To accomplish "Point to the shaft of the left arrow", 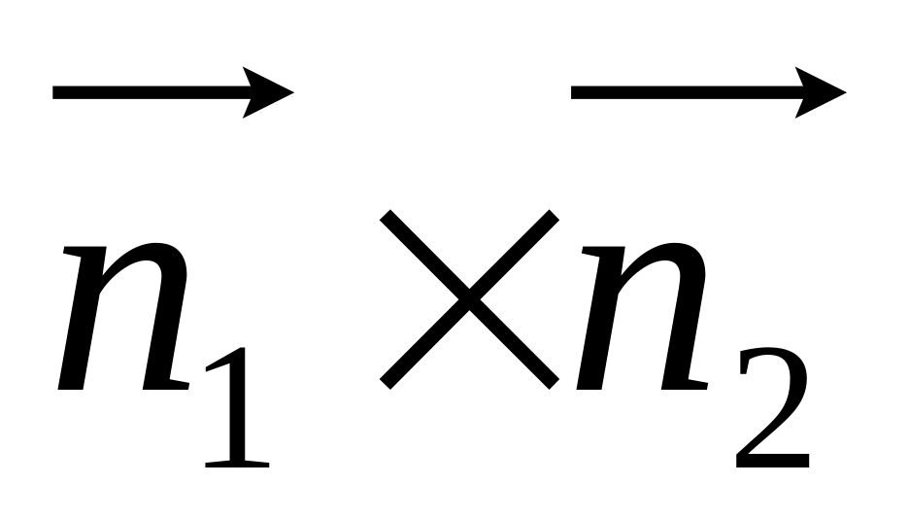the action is click(151, 92).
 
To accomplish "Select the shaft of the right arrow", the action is click(688, 92).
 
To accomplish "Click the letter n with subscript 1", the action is click(123, 316).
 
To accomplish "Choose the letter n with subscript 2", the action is click(642, 316).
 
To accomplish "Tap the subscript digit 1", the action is click(237, 407).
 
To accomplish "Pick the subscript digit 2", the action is click(772, 407).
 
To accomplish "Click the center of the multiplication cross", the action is click(469, 299).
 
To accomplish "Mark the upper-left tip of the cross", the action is click(385, 215).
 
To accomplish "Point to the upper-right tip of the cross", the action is click(554, 215).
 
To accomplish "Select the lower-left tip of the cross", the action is click(385, 384).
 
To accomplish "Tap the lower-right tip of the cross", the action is click(554, 384).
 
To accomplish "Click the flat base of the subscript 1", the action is click(237, 464).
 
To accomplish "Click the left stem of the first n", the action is click(83, 318).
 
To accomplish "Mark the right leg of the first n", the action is click(166, 325).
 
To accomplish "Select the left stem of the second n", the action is click(600, 318).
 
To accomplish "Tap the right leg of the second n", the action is click(684, 325).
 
